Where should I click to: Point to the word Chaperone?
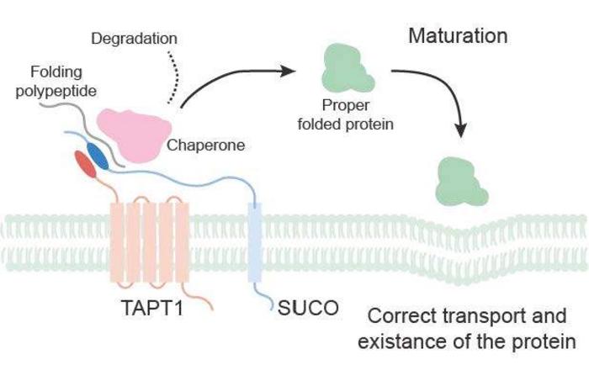click(205, 145)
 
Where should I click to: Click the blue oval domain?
click(98, 154)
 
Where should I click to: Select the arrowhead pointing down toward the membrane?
click(459, 129)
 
